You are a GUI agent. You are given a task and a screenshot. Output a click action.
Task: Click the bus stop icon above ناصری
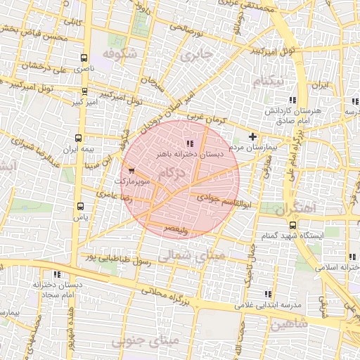(x=84, y=58)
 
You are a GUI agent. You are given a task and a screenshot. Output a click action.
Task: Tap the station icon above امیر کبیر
(x=84, y=91)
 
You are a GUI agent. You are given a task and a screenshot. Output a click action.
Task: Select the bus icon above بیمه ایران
(x=78, y=138)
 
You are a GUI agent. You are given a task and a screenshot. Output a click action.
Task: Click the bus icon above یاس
(x=81, y=206)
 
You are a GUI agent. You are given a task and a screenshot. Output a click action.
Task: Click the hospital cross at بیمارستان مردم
(x=253, y=136)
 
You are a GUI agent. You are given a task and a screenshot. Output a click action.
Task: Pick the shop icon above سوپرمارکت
(x=131, y=169)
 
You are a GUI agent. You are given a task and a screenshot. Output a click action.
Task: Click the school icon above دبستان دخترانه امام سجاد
(x=56, y=274)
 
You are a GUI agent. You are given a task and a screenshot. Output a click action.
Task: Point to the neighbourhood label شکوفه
(x=117, y=53)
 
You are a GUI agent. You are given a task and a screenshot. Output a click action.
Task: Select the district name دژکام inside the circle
(x=172, y=174)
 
